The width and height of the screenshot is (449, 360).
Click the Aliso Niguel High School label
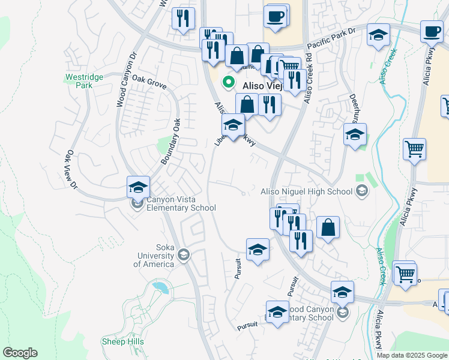[x=306, y=191]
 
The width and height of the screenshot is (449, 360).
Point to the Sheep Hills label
[x=122, y=341]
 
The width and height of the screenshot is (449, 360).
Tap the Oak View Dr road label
[x=71, y=170]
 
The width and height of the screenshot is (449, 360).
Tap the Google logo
[x=20, y=353]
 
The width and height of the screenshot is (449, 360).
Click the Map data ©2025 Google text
[x=412, y=355]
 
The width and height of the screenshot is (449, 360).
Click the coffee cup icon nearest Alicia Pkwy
[x=432, y=31]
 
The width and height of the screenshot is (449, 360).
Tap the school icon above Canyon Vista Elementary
[x=138, y=187]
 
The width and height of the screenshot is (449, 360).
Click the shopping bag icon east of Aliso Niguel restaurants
[x=328, y=227]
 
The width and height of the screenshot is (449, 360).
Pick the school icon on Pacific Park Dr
[x=378, y=35]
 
